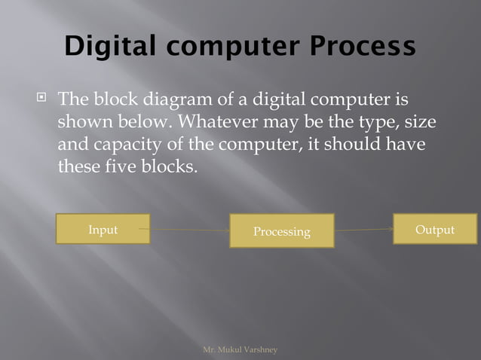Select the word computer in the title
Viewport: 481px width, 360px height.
click(x=231, y=46)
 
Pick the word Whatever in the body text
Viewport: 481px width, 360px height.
click(x=216, y=121)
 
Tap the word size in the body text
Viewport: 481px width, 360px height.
click(x=420, y=121)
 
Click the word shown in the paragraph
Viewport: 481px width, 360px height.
click(x=84, y=121)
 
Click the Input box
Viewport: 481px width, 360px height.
click(x=103, y=229)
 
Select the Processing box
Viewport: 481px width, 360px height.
click(x=281, y=231)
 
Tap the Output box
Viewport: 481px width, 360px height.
click(x=435, y=229)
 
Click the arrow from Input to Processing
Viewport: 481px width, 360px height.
click(x=189, y=230)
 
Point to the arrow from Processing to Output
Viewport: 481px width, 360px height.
click(x=363, y=230)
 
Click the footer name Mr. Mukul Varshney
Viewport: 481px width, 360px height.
click(x=240, y=350)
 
